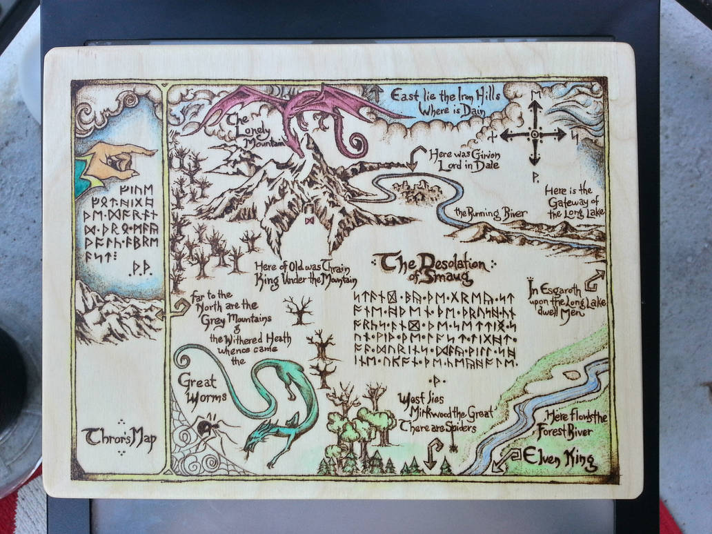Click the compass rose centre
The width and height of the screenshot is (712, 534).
pyautogui.click(x=534, y=134)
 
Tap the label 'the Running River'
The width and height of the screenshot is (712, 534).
pyautogui.click(x=491, y=213)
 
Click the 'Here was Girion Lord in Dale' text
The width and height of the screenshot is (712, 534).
pyautogui.click(x=463, y=159)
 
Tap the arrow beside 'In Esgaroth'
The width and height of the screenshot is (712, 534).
pyautogui.click(x=593, y=280)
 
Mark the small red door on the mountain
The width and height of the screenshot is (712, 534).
pyautogui.click(x=310, y=215)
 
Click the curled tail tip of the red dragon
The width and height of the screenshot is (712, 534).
pyautogui.click(x=358, y=146)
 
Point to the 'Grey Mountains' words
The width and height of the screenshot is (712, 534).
pyautogui.click(x=228, y=319)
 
